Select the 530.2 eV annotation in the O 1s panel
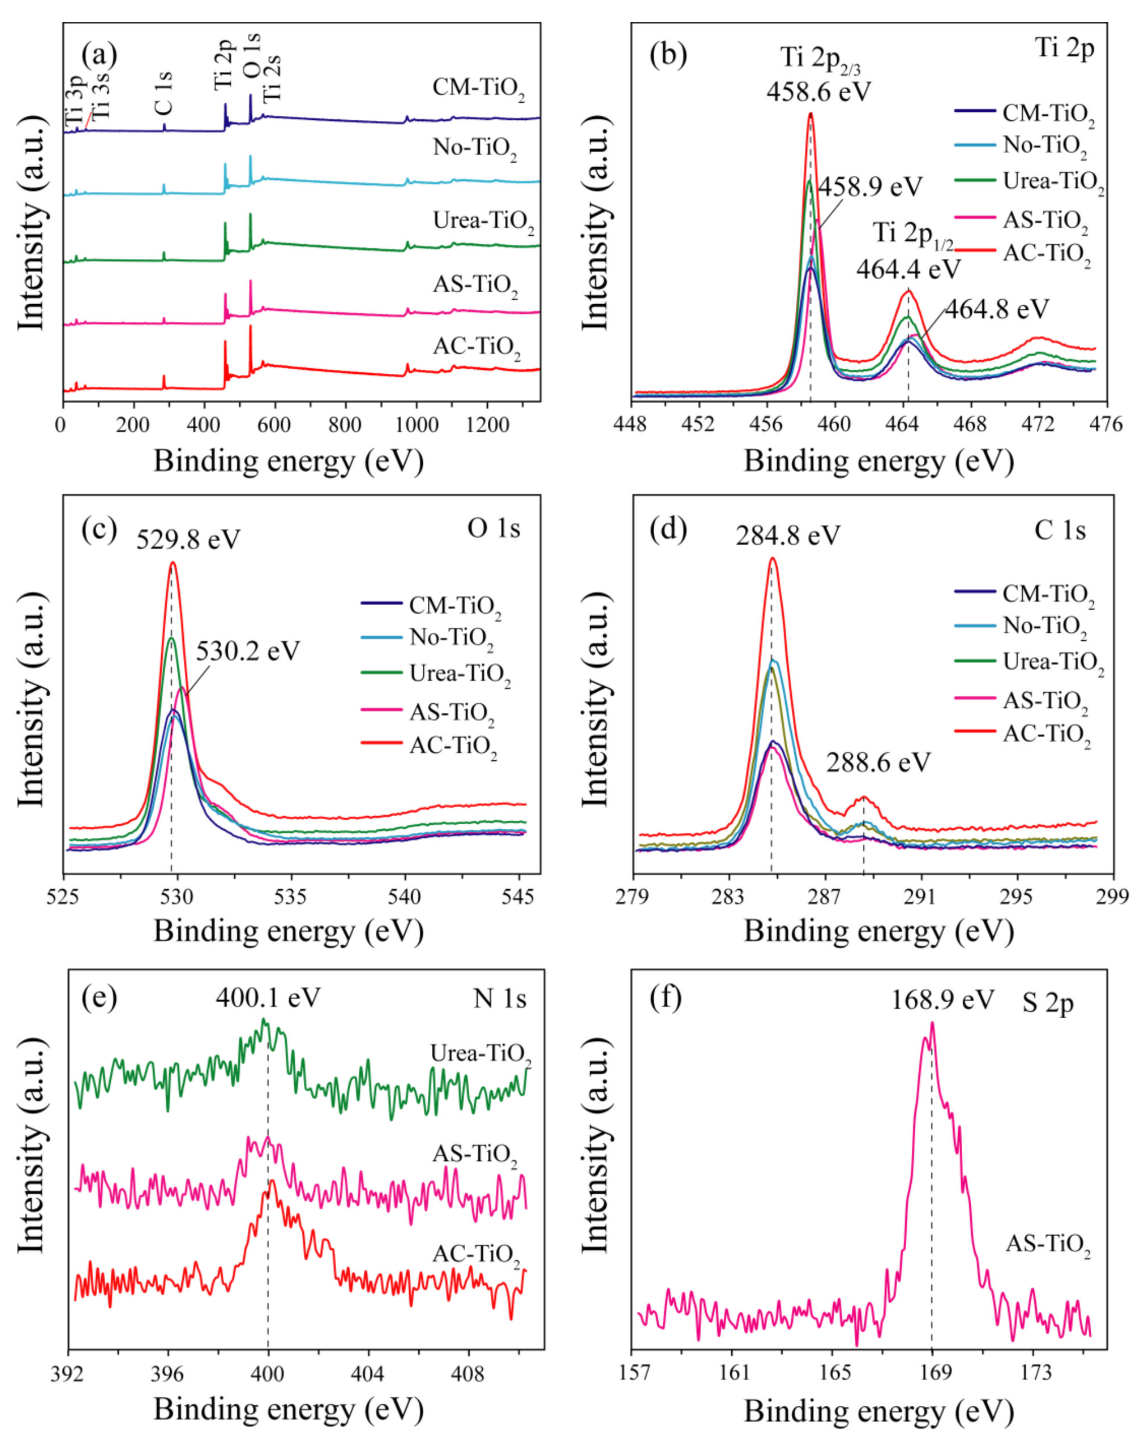(x=247, y=650)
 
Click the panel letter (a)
(x=99, y=55)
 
